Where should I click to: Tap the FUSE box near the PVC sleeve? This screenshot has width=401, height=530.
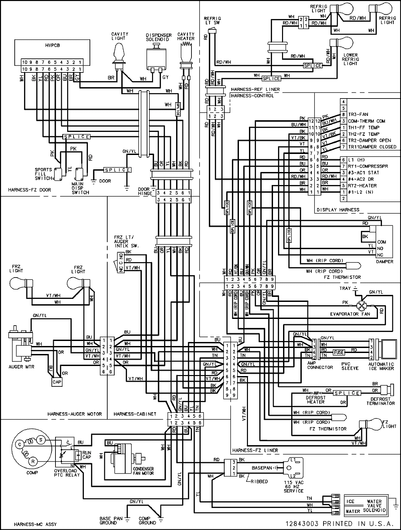point(339,352)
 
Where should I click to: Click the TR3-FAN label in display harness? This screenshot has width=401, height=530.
point(358,114)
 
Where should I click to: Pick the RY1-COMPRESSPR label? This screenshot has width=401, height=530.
point(368,166)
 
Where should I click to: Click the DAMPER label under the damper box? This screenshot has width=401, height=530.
point(384,261)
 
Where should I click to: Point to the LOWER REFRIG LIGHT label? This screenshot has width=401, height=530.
point(350,59)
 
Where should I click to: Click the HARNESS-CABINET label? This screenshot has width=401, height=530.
point(135,414)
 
